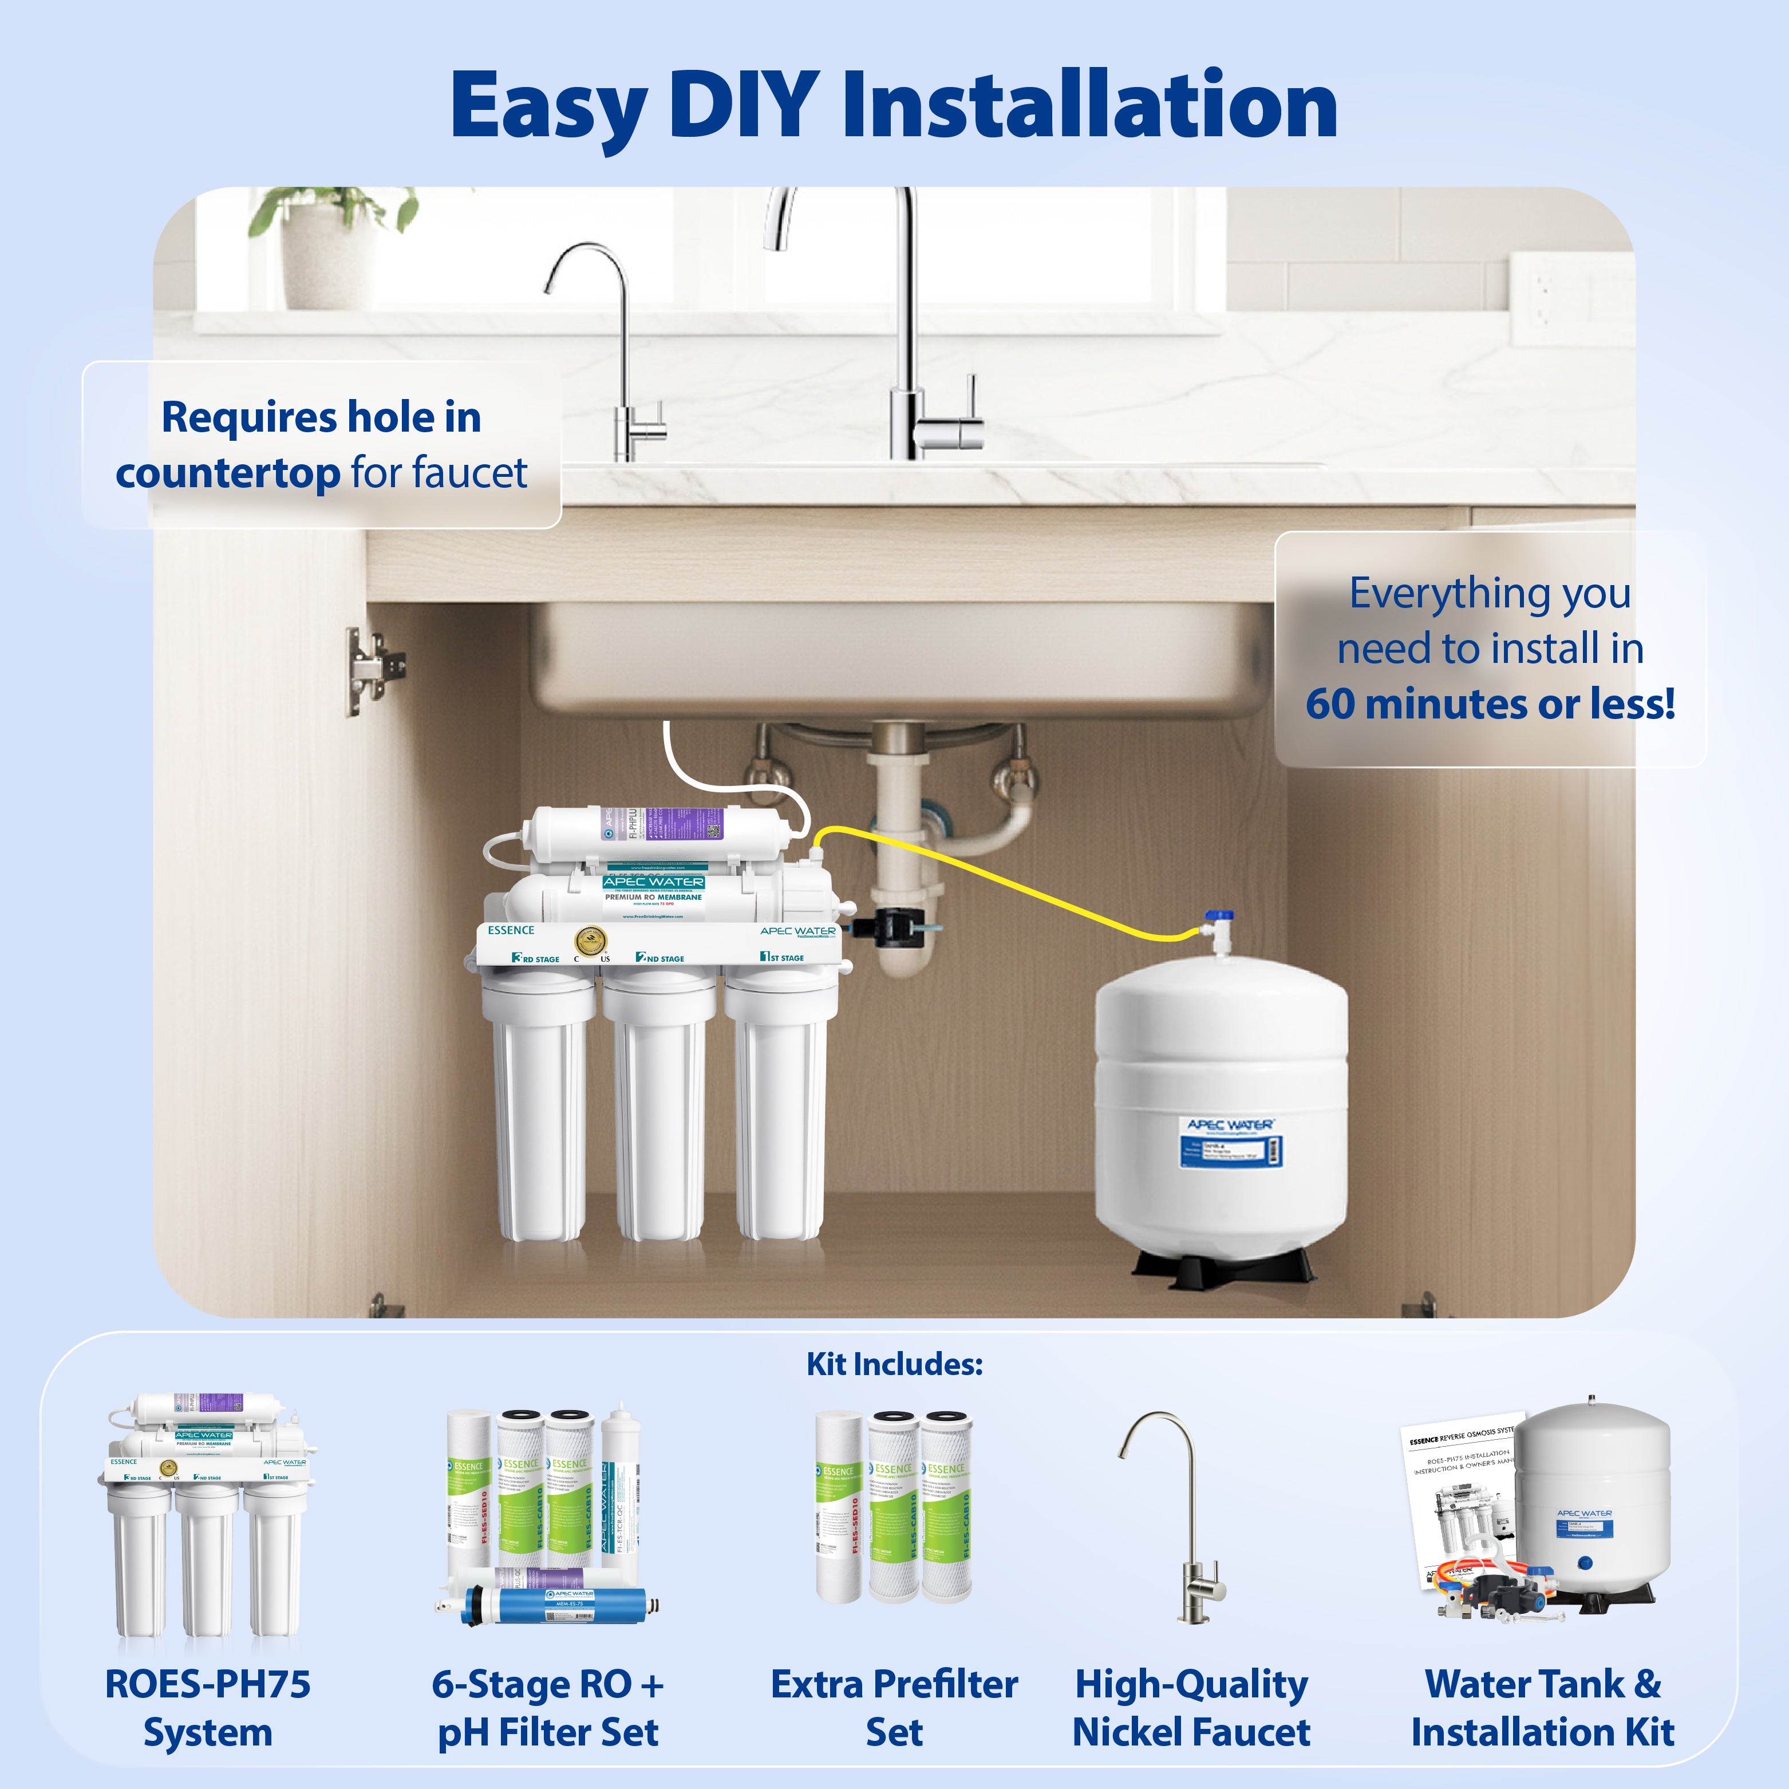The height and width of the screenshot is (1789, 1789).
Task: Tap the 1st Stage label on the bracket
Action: tap(783, 957)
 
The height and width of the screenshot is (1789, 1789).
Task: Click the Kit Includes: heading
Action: tap(894, 1364)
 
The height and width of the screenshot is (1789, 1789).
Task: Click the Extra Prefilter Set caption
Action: tap(894, 1708)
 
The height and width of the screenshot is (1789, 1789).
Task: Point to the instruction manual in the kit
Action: tap(1459, 1500)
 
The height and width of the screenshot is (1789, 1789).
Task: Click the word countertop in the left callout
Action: tap(227, 474)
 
